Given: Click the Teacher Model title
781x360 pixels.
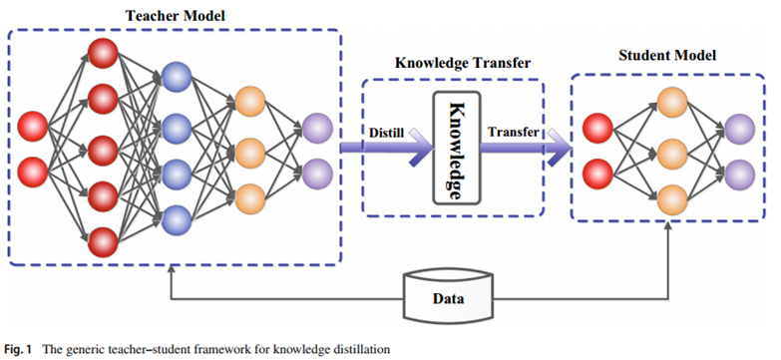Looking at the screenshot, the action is [x=175, y=15].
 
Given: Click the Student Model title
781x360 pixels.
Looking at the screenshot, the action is [x=667, y=55].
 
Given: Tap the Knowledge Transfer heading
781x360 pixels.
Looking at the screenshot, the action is [x=463, y=63].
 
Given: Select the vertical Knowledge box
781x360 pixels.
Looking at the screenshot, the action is [x=457, y=148].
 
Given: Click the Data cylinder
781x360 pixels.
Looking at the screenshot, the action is [x=447, y=295].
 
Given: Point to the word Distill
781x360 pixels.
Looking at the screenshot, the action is [x=386, y=134].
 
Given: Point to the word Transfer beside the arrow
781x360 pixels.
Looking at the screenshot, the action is [x=513, y=133].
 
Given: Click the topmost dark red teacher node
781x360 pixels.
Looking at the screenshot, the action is [x=103, y=53].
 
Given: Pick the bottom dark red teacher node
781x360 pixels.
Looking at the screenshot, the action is [x=103, y=242].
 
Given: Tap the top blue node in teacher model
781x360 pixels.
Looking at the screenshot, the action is [x=177, y=77].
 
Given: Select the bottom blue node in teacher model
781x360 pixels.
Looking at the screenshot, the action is [x=177, y=220].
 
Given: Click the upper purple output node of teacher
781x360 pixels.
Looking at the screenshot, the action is [x=317, y=129].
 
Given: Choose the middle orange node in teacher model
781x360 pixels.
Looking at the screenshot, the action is [x=249, y=153].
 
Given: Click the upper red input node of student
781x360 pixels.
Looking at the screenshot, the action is [x=597, y=129].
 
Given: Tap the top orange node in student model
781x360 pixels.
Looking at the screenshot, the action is [x=672, y=103].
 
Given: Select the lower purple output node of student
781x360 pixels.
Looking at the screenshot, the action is [x=740, y=175].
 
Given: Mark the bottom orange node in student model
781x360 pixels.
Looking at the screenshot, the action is [x=672, y=199].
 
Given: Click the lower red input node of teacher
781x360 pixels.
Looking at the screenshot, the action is [x=32, y=172].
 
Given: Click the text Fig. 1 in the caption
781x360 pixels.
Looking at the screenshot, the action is [x=18, y=350].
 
